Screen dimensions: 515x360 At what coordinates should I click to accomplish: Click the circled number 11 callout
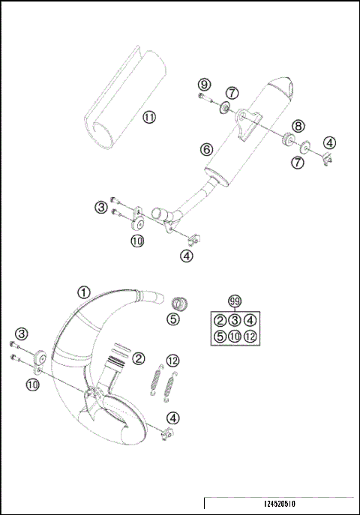(x=149, y=117)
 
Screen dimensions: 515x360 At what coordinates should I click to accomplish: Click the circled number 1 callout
(x=84, y=293)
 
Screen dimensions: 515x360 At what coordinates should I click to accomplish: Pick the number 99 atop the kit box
(x=235, y=301)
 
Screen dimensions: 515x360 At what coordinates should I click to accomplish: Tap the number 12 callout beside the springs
(x=172, y=360)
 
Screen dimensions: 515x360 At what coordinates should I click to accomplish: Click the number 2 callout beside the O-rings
(x=139, y=359)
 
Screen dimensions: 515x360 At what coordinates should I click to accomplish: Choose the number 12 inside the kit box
(x=250, y=336)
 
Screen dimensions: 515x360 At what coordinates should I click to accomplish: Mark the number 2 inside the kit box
(x=220, y=321)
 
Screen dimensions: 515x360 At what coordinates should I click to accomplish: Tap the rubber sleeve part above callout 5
(x=178, y=303)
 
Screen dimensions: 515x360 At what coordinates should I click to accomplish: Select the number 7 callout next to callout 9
(x=232, y=93)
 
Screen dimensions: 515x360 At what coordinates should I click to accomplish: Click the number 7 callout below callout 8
(x=298, y=161)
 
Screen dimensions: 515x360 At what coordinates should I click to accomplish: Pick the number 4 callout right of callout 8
(x=330, y=142)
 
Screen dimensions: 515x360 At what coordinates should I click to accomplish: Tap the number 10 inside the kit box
(x=235, y=336)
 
